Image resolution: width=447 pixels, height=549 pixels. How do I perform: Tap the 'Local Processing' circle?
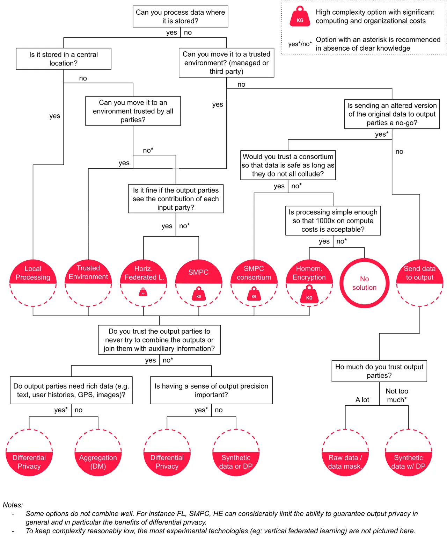pos(33,283)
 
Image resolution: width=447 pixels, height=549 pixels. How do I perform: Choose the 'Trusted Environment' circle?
pos(88,283)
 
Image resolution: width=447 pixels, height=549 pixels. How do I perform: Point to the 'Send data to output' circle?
pos(420,283)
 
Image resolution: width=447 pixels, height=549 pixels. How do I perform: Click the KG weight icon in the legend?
pos(300,16)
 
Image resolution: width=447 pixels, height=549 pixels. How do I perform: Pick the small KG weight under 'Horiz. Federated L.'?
pos(143,292)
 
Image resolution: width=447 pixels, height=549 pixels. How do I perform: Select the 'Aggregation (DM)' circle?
pos(98,453)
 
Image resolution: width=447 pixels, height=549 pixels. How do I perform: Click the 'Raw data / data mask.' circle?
pos(345,453)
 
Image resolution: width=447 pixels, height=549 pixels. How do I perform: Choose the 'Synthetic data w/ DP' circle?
pos(408,453)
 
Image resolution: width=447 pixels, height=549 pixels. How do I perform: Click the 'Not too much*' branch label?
pos(397,395)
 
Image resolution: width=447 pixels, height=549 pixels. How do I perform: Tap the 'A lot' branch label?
pos(362,400)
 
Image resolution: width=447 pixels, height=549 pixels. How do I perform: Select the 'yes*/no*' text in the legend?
pos(300,44)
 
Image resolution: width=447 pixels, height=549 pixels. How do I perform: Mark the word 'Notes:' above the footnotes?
pos(13,505)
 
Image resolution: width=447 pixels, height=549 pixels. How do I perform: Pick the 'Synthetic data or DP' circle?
pos(236,453)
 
